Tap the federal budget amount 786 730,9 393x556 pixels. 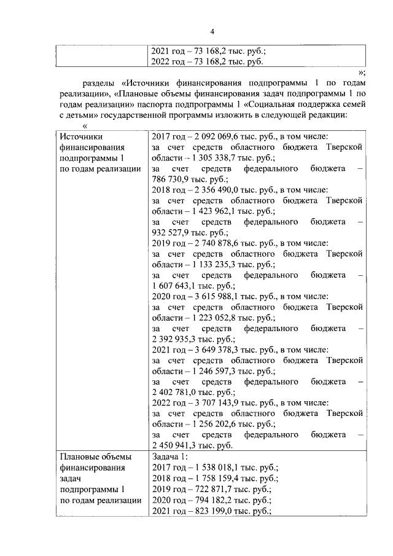tap(172, 179)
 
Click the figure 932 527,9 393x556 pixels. tap(172, 233)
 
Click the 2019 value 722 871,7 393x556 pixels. tap(213, 489)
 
